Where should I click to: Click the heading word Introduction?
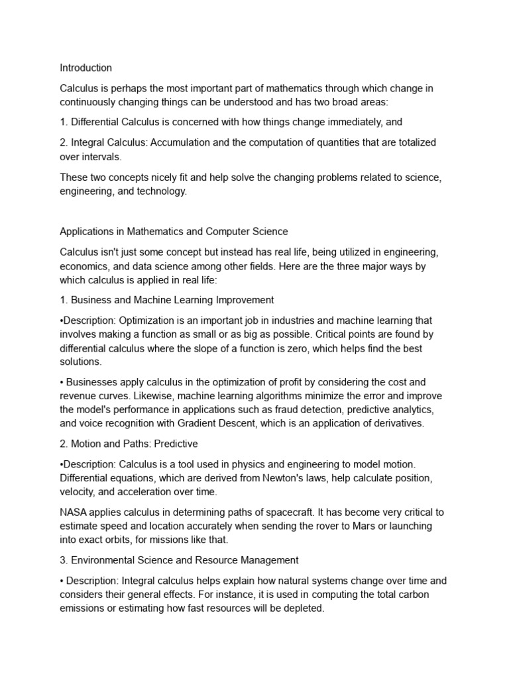85,68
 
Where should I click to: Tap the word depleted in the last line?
302,607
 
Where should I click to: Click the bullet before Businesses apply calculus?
62,383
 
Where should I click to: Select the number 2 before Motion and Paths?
63,443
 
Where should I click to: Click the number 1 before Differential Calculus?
62,122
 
